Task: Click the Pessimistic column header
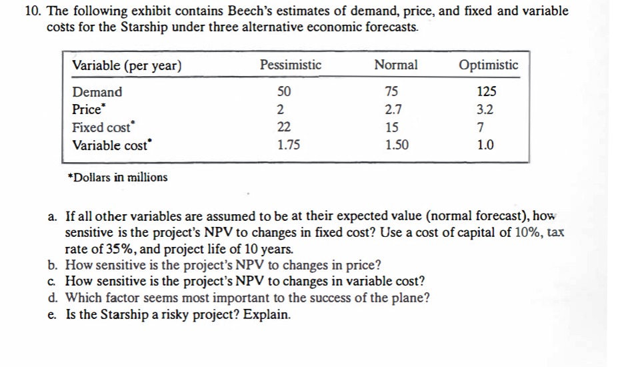[x=290, y=65]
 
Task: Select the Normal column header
[x=396, y=65]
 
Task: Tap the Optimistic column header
[x=488, y=65]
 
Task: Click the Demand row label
[x=97, y=92]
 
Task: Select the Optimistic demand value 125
[x=487, y=92]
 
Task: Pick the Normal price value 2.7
[x=393, y=109]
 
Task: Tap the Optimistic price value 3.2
[x=486, y=109]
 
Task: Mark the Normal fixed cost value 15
[x=393, y=127]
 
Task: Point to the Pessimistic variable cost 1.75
[x=288, y=145]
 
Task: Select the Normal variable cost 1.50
[x=397, y=145]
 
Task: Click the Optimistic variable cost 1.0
[x=486, y=145]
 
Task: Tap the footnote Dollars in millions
[x=118, y=177]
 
